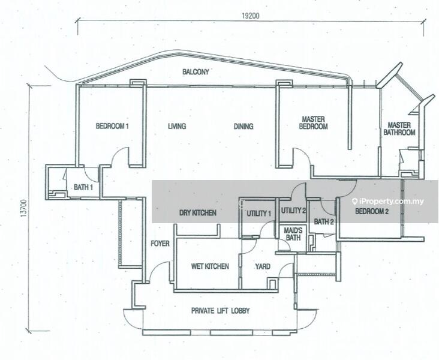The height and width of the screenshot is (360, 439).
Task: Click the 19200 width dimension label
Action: pos(251,16)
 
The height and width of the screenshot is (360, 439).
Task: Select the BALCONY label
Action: pos(196,72)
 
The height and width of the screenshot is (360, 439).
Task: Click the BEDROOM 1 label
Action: pos(112,126)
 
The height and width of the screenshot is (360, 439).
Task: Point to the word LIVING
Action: pos(177,127)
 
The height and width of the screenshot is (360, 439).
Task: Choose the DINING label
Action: pos(243,127)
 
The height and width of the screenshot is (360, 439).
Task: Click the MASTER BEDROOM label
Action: pos(313,123)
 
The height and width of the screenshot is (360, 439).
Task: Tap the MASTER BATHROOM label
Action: pos(399,128)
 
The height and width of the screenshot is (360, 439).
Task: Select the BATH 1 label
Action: pos(83,187)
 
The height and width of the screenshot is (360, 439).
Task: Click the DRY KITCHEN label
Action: pos(198,213)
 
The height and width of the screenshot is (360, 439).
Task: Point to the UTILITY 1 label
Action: pos(258,214)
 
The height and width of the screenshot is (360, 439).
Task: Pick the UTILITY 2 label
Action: pos(293,211)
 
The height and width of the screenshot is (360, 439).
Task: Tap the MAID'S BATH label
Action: pos(293,234)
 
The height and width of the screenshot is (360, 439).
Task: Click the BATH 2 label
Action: pos(324,222)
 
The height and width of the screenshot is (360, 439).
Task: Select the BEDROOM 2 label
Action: pos(372,211)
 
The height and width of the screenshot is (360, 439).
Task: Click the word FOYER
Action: pos(160,244)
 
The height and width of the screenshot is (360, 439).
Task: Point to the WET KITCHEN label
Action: pos(210,266)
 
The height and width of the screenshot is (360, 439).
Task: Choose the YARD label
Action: pos(263,266)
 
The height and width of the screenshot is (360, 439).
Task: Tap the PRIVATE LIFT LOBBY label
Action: pos(220,311)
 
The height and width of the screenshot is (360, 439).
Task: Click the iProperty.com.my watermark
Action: pos(388,202)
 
